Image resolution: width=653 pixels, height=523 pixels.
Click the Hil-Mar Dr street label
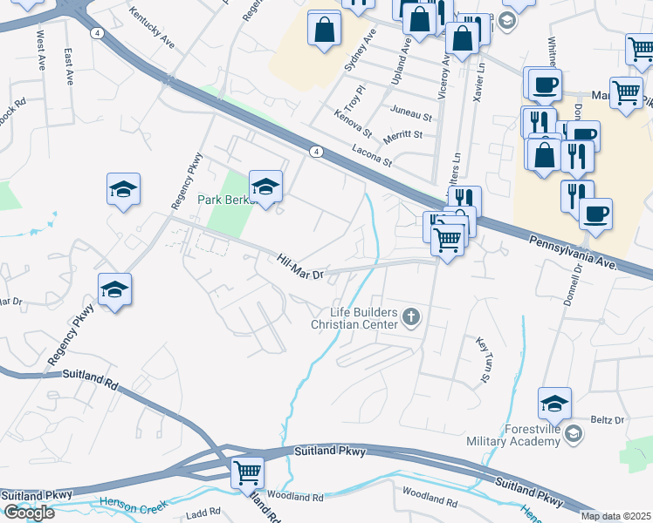300,267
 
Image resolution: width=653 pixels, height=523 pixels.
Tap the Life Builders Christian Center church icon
411,319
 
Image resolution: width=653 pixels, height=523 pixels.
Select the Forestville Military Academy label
532,436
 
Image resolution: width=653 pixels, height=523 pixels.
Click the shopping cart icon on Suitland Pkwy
248,472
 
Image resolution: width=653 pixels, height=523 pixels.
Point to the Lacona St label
372,155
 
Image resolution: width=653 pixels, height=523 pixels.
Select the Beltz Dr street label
608,420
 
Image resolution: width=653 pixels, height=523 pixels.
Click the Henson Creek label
132,504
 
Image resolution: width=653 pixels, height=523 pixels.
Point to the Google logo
28,513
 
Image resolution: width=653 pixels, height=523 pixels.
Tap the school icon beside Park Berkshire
265,185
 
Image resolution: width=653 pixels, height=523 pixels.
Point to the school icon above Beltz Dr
553,403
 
